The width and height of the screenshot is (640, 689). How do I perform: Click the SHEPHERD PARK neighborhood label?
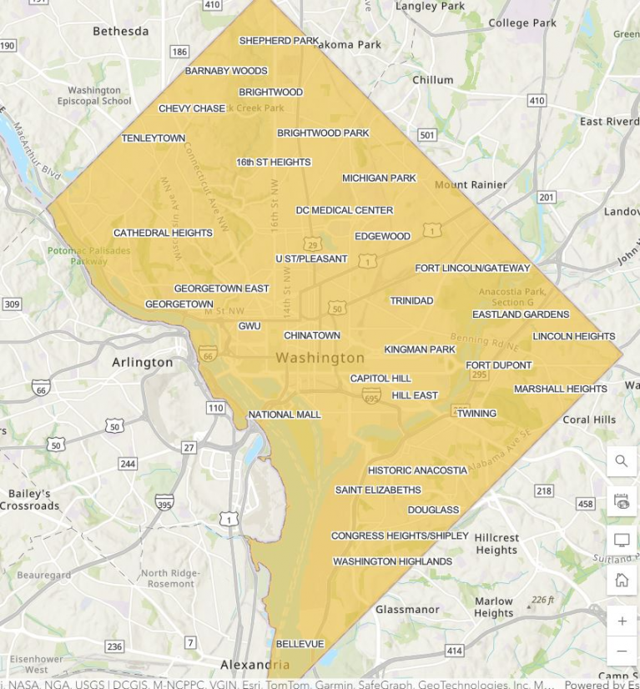(279, 41)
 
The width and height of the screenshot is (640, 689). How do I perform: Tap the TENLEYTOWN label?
(154, 138)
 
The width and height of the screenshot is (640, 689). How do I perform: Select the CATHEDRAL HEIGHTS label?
(163, 234)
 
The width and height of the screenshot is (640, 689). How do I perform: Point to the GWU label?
(249, 326)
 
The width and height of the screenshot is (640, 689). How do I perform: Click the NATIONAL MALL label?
(284, 415)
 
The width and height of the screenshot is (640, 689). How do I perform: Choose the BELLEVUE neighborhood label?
(300, 644)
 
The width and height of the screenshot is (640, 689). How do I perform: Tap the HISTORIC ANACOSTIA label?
(417, 470)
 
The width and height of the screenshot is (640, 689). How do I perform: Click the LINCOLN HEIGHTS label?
(573, 336)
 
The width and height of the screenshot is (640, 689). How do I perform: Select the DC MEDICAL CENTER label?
(344, 211)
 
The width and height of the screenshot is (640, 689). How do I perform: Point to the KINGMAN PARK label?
(420, 350)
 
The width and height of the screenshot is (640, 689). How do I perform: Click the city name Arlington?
(143, 363)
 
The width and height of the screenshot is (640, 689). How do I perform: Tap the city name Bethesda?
(120, 32)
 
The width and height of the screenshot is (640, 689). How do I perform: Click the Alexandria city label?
(254, 665)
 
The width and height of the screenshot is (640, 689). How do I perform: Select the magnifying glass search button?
(622, 461)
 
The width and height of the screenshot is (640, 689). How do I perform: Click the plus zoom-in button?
(622, 621)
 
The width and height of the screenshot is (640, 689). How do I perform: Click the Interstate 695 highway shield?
(371, 395)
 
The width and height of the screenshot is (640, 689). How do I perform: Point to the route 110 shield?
(216, 408)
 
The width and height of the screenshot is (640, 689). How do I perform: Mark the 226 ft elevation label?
(547, 600)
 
